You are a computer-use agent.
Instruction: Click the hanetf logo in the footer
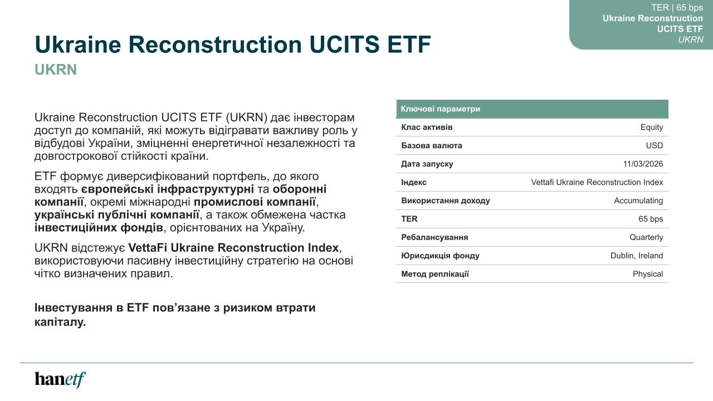coord(60,380)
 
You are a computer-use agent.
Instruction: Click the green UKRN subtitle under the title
coord(56,70)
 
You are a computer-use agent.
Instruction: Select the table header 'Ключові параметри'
coord(441,109)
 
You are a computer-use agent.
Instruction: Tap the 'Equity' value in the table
coord(652,128)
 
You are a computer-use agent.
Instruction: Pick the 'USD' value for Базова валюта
coord(655,145)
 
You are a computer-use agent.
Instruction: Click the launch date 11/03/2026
coord(643,164)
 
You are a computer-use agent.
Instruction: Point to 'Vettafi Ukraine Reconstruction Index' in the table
coord(597,182)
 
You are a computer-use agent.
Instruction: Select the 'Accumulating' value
coord(638,201)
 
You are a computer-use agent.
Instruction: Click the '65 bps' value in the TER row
coord(651,219)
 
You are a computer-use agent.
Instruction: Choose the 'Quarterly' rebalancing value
coord(646,237)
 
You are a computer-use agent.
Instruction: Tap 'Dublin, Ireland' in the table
coord(637,256)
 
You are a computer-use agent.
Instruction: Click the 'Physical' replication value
coord(648,274)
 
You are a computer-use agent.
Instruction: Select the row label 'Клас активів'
coord(427,128)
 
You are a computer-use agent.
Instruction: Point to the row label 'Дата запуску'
coord(427,164)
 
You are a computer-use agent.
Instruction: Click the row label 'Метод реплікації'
coord(435,274)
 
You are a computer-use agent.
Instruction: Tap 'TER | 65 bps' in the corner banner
coord(677,8)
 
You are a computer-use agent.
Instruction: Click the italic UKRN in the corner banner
coord(690,40)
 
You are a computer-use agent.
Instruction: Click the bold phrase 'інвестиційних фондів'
coord(99,228)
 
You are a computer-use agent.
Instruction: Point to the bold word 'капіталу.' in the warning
coord(60,322)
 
